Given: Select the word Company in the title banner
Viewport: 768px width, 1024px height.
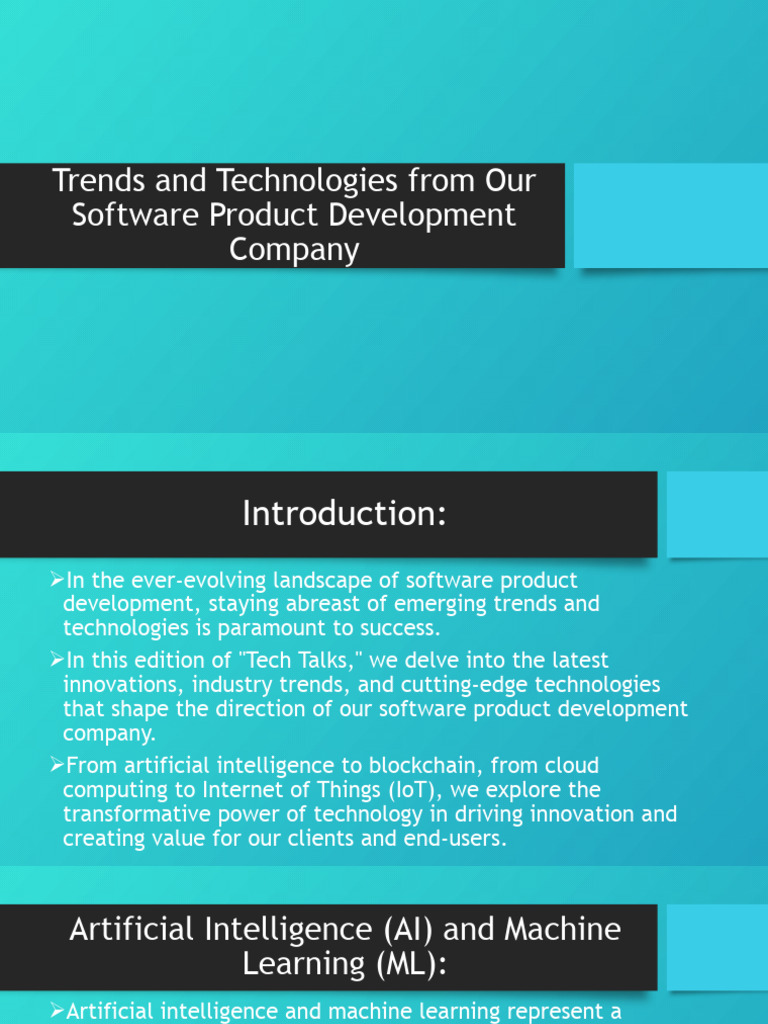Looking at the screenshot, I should pyautogui.click(x=294, y=249).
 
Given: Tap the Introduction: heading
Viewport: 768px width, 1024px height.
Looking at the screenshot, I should pyautogui.click(x=343, y=514).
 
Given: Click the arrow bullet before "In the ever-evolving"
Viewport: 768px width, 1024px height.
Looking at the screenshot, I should pyautogui.click(x=56, y=580).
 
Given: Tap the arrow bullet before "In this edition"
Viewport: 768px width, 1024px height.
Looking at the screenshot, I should pyautogui.click(x=56, y=661).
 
